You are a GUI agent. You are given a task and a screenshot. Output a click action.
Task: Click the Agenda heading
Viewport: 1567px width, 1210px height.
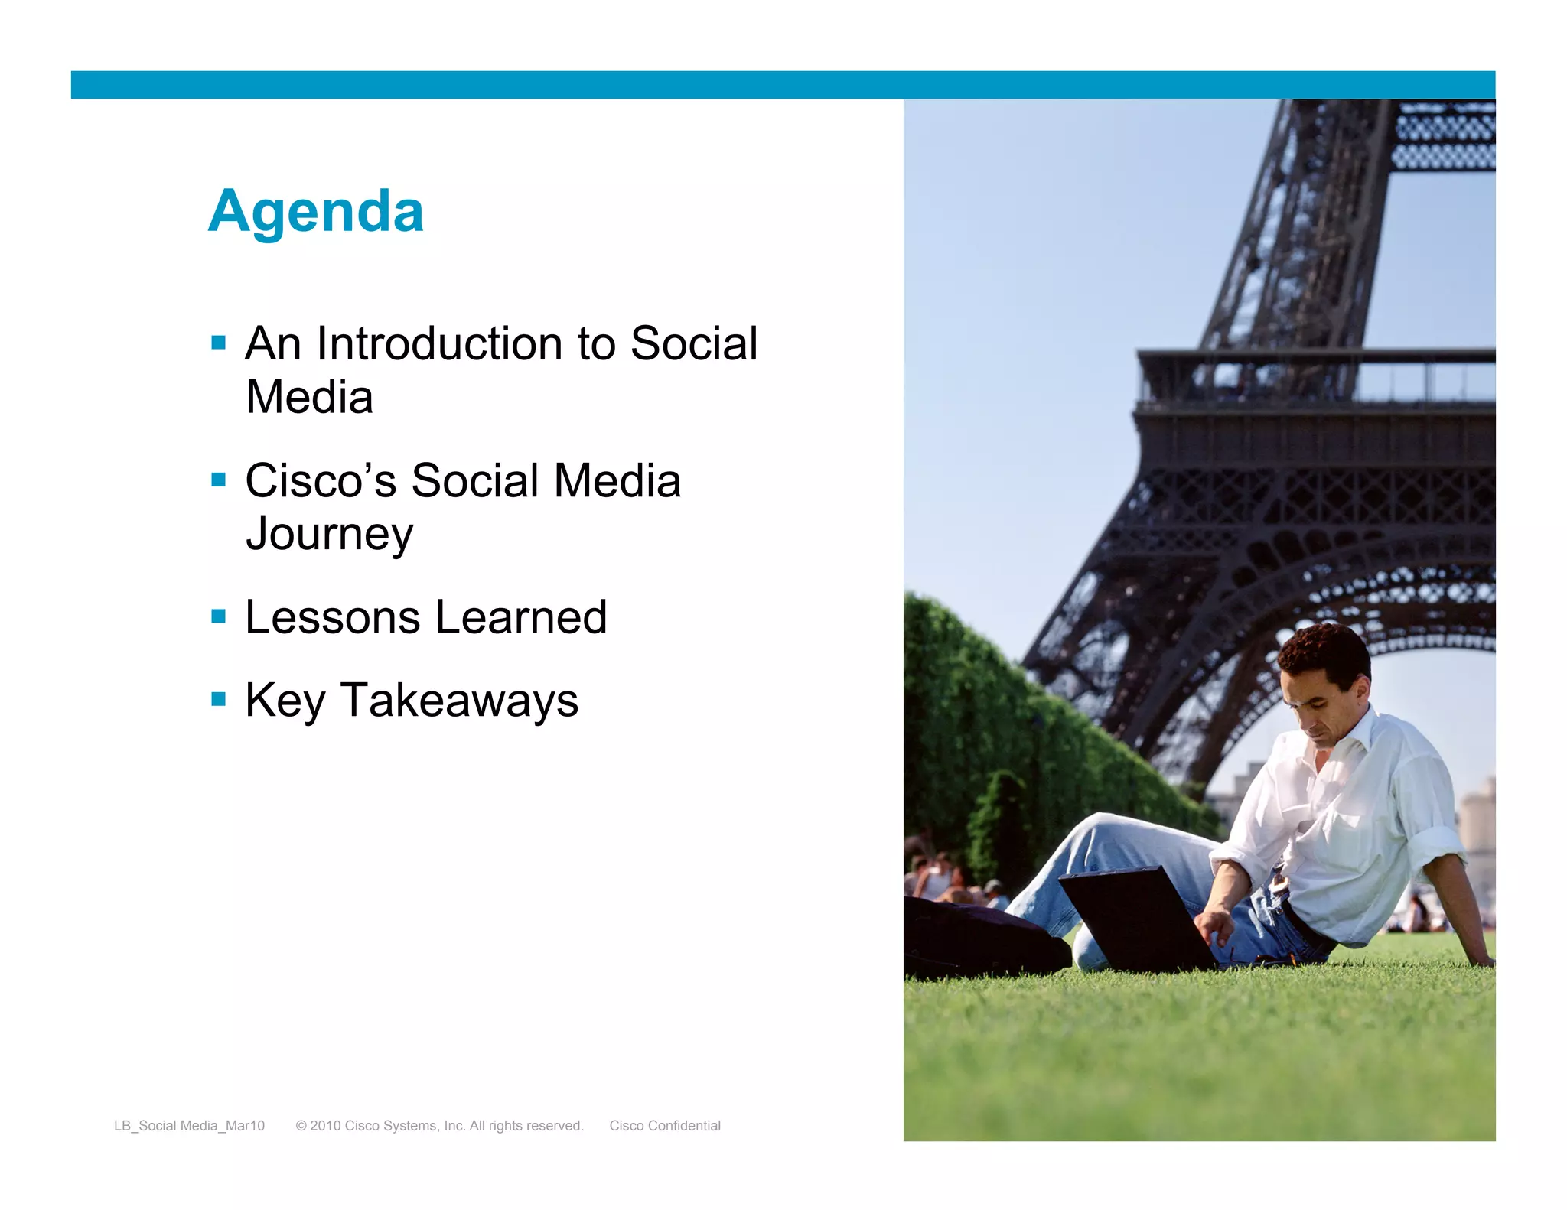tap(315, 212)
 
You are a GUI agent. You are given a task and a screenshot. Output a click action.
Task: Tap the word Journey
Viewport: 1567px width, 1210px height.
tap(329, 535)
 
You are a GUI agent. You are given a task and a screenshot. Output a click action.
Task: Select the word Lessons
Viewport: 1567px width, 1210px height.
tap(332, 617)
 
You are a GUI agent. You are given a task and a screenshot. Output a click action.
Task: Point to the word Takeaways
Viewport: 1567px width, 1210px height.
tap(459, 701)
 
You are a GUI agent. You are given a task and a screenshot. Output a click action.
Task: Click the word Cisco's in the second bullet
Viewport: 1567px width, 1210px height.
tap(321, 481)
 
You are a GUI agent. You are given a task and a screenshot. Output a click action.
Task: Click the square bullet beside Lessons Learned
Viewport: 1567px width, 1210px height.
tap(219, 616)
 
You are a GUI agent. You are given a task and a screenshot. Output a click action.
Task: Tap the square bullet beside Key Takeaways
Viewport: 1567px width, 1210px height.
tap(219, 699)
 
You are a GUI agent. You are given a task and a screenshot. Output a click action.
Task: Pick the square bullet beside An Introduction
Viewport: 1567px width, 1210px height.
tap(219, 343)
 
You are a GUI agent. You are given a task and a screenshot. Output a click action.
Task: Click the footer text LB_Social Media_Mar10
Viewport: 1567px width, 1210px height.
tap(189, 1126)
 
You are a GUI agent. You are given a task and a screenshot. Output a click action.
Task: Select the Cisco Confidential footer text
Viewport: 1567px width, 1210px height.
tap(665, 1126)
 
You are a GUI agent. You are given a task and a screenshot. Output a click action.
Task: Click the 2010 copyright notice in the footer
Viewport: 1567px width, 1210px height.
tap(439, 1126)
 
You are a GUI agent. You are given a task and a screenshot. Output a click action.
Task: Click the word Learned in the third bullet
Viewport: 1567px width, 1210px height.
tap(521, 617)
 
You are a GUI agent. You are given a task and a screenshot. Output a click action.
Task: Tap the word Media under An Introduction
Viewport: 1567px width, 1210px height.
tap(309, 398)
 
